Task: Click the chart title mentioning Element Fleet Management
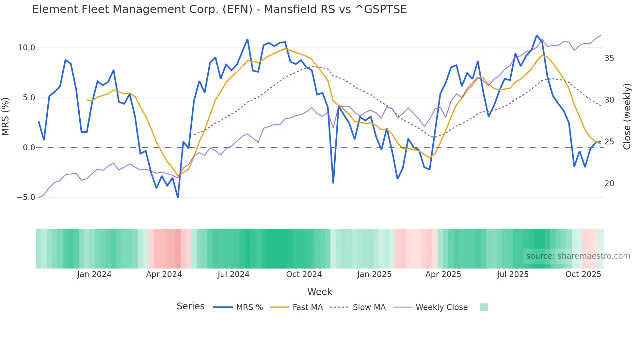219,9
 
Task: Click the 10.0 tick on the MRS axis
26,48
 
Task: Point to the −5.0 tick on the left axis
26,197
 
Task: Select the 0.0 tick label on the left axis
29,148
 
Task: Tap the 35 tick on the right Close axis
609,58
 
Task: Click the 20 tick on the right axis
609,184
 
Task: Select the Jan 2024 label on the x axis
94,274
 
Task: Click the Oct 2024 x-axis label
304,274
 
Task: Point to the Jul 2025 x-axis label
513,274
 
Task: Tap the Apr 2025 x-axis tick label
443,274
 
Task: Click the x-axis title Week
320,292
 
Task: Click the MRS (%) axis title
6,116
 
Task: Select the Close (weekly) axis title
627,116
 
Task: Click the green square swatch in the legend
484,307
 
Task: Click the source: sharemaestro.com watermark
578,256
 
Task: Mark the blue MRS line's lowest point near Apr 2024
178,197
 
